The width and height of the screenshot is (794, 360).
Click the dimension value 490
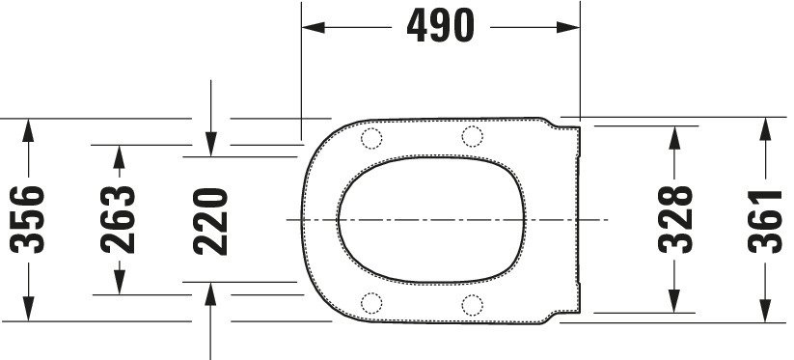pyautogui.click(x=441, y=26)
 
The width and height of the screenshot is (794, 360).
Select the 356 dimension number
pyautogui.click(x=27, y=220)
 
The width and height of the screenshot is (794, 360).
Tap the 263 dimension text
pyautogui.click(x=119, y=220)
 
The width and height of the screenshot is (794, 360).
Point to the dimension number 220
pyautogui.click(x=210, y=221)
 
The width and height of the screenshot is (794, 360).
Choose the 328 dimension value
pyautogui.click(x=675, y=219)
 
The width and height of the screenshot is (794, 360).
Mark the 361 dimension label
pyautogui.click(x=765, y=221)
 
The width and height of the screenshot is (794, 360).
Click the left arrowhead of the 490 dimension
pyautogui.click(x=314, y=27)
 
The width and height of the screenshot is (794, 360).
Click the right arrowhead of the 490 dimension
pyautogui.click(x=568, y=27)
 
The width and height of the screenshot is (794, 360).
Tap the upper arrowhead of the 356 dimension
pyautogui.click(x=28, y=130)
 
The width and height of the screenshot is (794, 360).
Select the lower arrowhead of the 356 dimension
pyautogui.click(x=28, y=309)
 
